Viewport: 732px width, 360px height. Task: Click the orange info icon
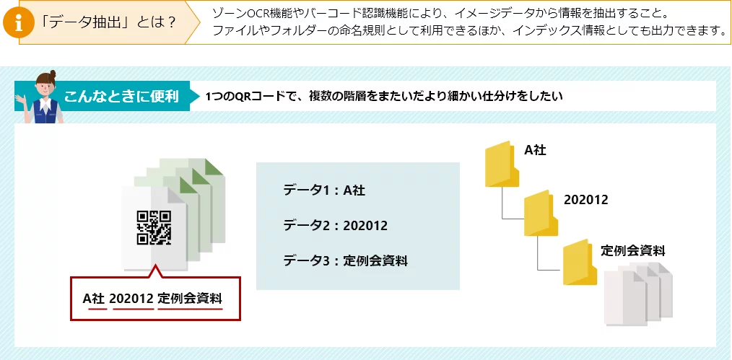pyautogui.click(x=19, y=22)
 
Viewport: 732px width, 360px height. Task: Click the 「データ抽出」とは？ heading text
pyautogui.click(x=108, y=22)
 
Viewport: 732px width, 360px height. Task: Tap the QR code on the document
pyautogui.click(x=154, y=227)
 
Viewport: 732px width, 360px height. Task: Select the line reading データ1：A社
pyautogui.click(x=324, y=190)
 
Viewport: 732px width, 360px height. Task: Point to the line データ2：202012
pyautogui.click(x=335, y=226)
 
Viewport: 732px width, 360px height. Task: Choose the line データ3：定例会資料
pyautogui.click(x=346, y=260)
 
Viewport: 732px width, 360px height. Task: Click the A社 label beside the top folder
pyautogui.click(x=535, y=149)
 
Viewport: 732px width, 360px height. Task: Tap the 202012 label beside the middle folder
pyautogui.click(x=586, y=200)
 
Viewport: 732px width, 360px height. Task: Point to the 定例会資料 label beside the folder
pyautogui.click(x=632, y=250)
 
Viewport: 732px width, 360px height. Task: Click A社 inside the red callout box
pyautogui.click(x=94, y=298)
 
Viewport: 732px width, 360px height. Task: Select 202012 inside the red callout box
pyautogui.click(x=131, y=298)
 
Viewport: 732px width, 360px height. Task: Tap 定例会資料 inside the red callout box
pyautogui.click(x=190, y=298)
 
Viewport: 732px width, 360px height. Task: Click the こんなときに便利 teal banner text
pyautogui.click(x=121, y=97)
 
